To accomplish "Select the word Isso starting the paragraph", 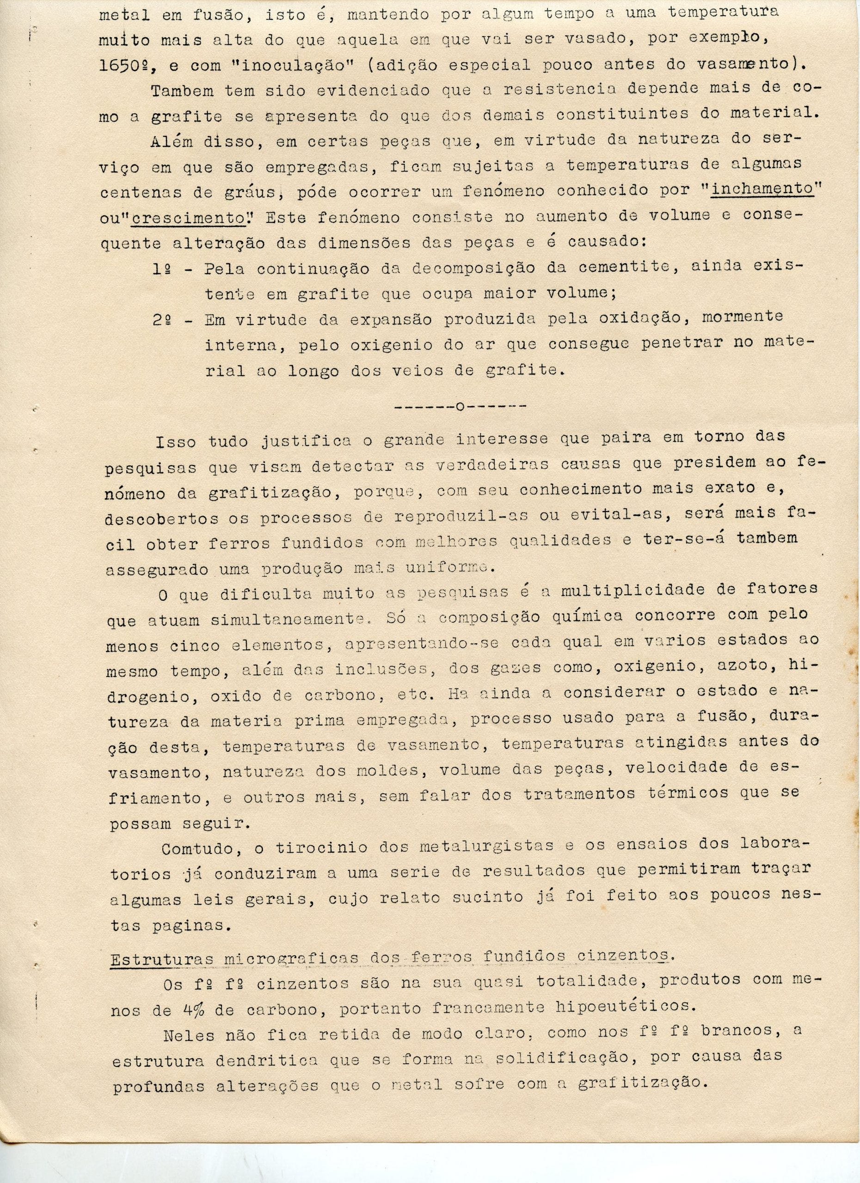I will (176, 443).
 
